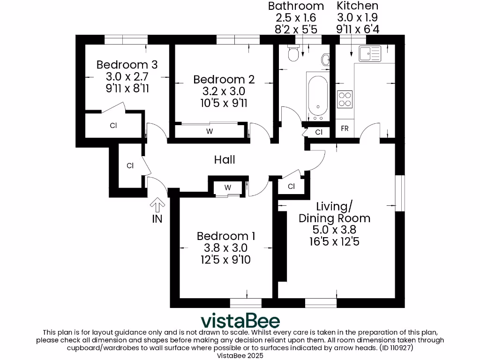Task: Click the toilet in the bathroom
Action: (293, 53)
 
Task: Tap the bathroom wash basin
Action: (326, 60)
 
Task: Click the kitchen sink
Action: (370, 54)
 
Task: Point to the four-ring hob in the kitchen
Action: (345, 99)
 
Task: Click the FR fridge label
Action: (345, 128)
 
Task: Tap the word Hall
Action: (225, 160)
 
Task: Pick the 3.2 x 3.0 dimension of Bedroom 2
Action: (219, 91)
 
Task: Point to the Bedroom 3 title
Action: (127, 65)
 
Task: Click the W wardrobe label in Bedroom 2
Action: (209, 131)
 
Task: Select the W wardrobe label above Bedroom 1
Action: (228, 187)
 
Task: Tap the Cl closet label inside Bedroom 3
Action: (113, 126)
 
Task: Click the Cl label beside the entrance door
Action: (130, 165)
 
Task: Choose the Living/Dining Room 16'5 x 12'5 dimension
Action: (334, 242)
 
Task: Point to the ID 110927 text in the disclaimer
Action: (395, 348)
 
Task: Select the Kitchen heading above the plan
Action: (358, 6)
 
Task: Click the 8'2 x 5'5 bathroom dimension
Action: (296, 29)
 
